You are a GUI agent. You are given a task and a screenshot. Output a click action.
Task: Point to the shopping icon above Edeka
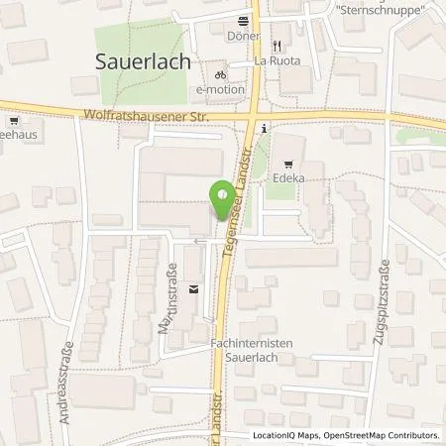[288, 166]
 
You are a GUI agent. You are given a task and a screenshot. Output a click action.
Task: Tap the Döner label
[243, 36]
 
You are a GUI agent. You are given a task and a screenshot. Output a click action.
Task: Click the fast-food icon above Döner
[244, 21]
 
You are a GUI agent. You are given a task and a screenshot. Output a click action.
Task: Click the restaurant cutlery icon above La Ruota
[278, 45]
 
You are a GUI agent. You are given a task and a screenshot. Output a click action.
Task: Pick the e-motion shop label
[219, 89]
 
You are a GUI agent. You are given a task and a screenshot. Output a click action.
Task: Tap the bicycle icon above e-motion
[221, 74]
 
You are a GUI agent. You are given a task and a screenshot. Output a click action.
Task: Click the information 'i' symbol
[263, 128]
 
